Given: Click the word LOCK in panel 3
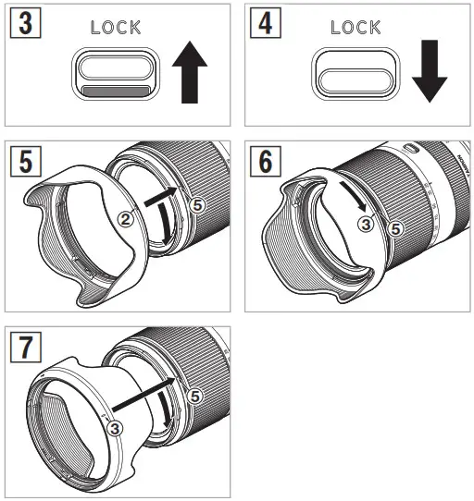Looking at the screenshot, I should (116, 28).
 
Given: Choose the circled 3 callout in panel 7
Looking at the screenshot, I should (113, 428).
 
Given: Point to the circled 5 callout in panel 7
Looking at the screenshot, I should (194, 395).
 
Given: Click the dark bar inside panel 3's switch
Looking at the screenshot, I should (116, 91).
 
